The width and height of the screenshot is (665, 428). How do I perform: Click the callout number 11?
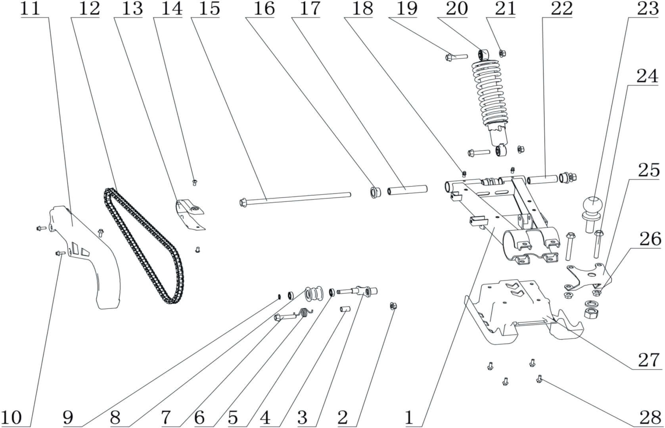(x=30, y=9)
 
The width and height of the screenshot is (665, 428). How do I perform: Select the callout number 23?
(x=648, y=9)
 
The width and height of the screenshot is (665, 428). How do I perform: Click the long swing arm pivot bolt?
(x=295, y=197)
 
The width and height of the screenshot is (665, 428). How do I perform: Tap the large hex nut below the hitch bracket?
(x=592, y=315)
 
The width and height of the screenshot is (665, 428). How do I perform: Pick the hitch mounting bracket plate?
(x=587, y=275)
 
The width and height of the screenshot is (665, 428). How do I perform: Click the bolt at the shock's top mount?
(x=456, y=57)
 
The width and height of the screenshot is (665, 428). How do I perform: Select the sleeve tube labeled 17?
(x=407, y=189)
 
